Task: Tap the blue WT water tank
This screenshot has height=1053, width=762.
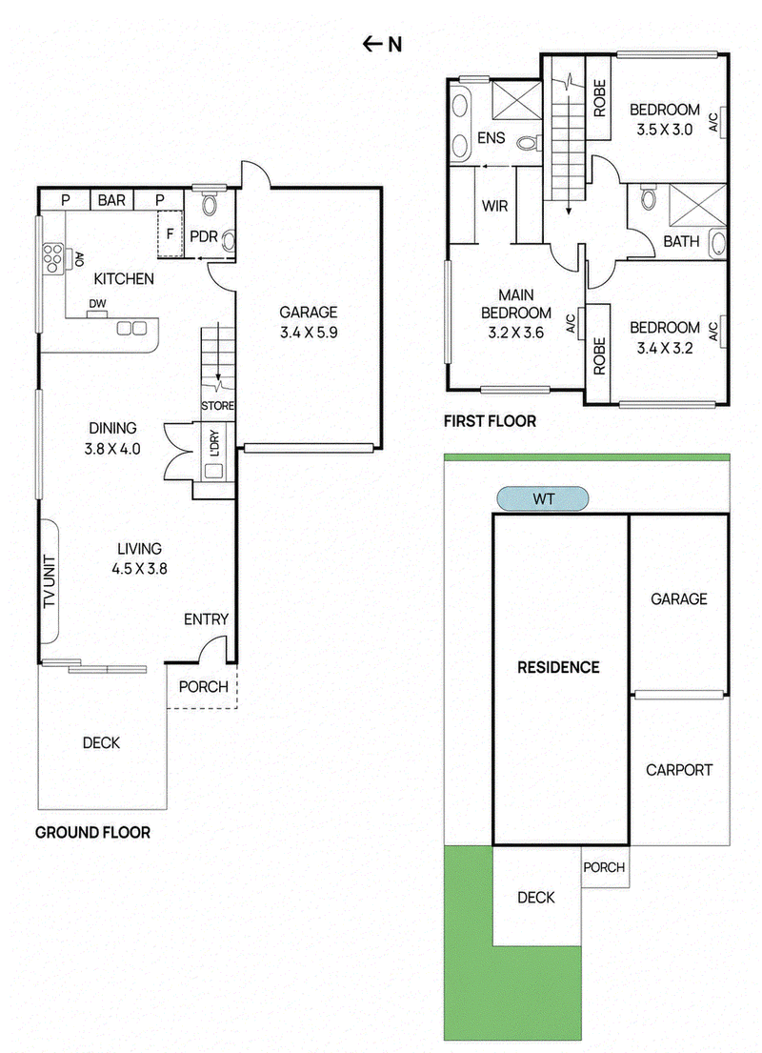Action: [543, 499]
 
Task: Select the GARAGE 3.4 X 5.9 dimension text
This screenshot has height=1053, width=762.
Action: [309, 332]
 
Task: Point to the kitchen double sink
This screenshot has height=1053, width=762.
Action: [131, 329]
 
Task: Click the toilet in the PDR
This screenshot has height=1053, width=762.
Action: [209, 204]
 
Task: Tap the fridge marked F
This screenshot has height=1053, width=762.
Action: [170, 233]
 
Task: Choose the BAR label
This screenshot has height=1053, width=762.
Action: [111, 200]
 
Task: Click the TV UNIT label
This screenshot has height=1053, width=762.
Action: [49, 581]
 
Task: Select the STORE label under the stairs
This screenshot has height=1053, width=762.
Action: [217, 406]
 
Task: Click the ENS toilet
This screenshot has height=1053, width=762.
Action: [531, 143]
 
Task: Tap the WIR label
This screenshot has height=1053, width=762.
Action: [494, 206]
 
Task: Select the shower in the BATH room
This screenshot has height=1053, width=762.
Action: [697, 204]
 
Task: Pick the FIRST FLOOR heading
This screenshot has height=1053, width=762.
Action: [491, 421]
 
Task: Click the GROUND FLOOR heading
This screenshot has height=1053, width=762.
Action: [92, 833]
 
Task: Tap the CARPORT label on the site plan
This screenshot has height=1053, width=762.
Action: [679, 770]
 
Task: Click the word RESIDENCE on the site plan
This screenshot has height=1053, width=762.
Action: [558, 667]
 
